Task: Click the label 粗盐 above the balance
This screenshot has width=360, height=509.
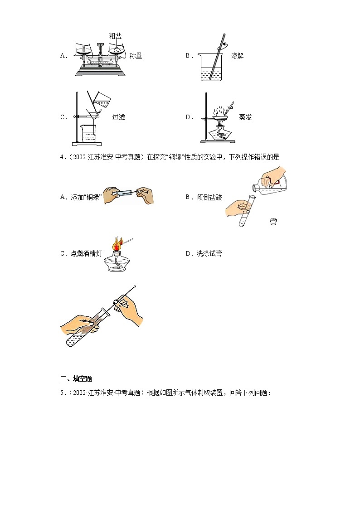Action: pos(115,35)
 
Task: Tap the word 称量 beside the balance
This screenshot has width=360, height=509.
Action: pos(136,56)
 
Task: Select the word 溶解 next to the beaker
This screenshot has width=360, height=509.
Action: pos(237,56)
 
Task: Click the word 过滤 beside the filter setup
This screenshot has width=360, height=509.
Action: pos(118,117)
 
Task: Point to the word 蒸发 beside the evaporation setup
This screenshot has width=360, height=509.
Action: pos(245,117)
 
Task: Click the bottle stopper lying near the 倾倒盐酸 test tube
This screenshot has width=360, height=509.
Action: pos(272,222)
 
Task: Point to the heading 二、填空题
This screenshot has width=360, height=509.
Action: pos(76,378)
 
